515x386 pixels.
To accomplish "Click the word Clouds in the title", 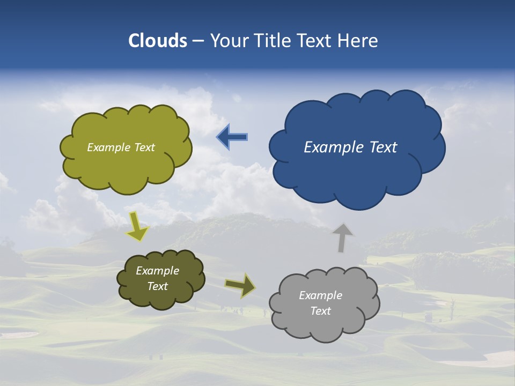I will pos(157,41).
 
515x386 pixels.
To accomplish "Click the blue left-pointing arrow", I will pos(232,137).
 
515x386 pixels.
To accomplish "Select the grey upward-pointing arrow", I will pos(342,237).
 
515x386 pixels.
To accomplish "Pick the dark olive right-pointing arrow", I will pos(240,286).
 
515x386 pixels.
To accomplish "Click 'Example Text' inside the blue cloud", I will pos(350,147).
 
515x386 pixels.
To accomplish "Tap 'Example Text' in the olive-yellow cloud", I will pos(121,147).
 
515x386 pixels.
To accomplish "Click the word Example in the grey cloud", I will pos(320,295).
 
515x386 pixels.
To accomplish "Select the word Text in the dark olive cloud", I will pos(157,286).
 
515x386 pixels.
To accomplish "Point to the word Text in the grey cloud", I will pos(320,311).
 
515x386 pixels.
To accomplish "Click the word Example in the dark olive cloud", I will pos(157,271).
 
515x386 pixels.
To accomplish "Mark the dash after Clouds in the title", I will pos(198,41).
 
